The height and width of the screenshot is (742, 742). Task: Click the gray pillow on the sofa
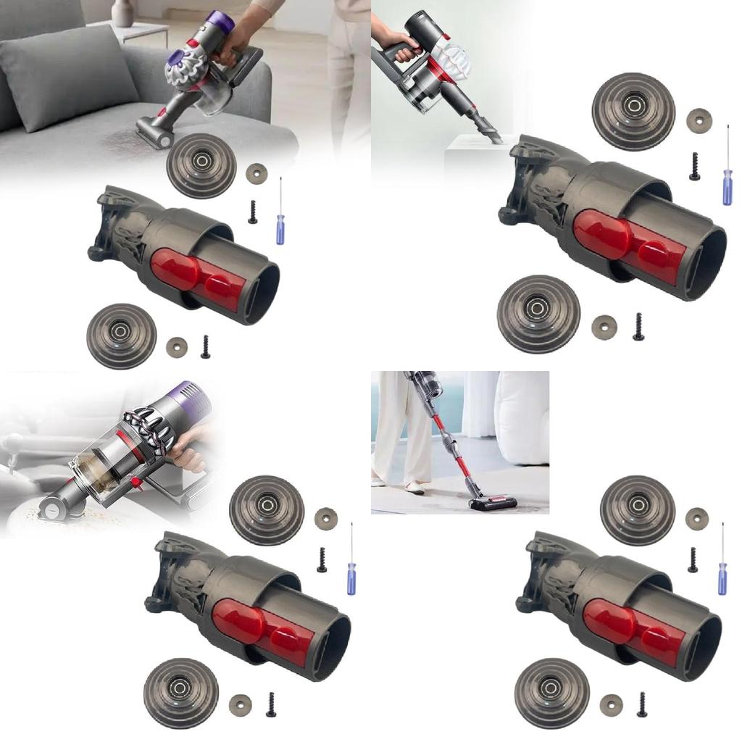[x=69, y=76]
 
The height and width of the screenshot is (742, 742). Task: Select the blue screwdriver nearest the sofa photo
[x=280, y=221]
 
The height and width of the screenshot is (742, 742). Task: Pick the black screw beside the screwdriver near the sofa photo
[x=253, y=212]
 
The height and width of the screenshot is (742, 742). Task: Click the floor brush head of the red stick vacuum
[x=493, y=502]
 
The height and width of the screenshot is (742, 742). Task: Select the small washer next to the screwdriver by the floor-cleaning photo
[x=696, y=517]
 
